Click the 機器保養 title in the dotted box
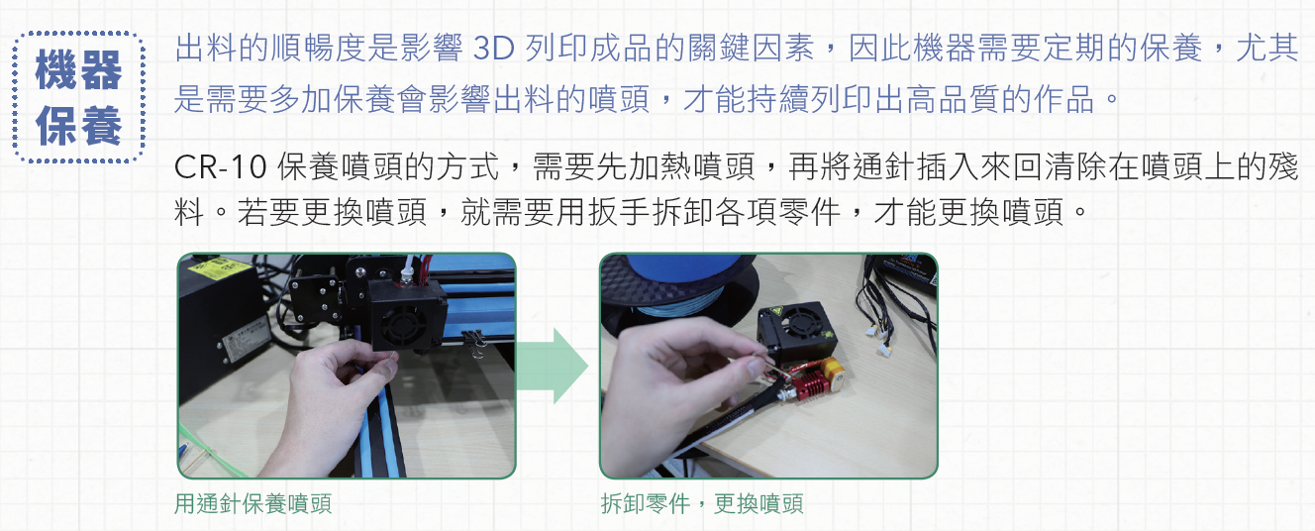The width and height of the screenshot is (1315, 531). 78,97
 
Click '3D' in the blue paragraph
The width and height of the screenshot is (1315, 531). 493,49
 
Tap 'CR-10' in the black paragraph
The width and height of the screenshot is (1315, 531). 221,167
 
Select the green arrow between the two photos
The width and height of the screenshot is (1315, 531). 553,366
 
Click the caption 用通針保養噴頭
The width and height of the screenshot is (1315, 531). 253,504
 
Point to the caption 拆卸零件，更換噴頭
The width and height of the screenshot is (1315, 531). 702,504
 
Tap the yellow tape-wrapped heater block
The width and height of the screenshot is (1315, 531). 833,372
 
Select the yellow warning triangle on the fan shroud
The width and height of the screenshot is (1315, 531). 773,312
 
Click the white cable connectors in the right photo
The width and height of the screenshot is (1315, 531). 879,340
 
